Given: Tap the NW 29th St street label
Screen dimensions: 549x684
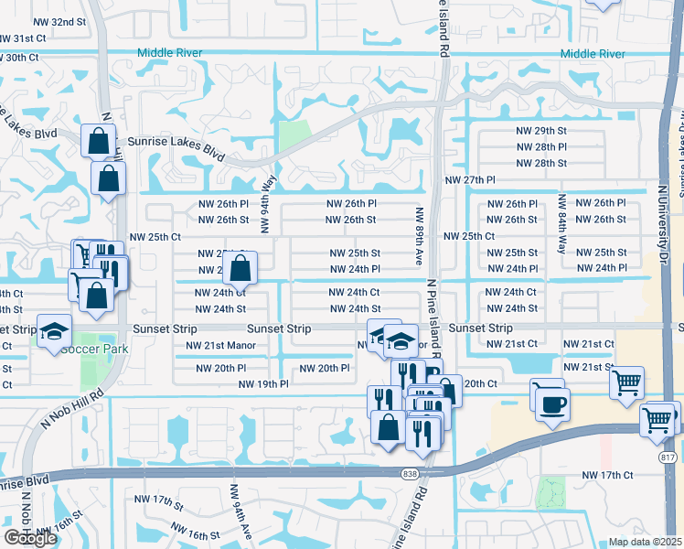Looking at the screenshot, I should (x=541, y=131).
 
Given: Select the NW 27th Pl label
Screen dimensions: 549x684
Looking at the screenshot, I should (x=469, y=181).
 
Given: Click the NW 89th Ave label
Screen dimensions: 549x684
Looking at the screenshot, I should (x=419, y=235).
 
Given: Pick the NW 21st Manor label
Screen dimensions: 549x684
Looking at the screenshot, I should (x=220, y=346).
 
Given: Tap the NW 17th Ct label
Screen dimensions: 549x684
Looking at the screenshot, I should (x=607, y=475).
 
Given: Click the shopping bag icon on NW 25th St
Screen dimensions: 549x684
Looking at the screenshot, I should (x=240, y=270).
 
